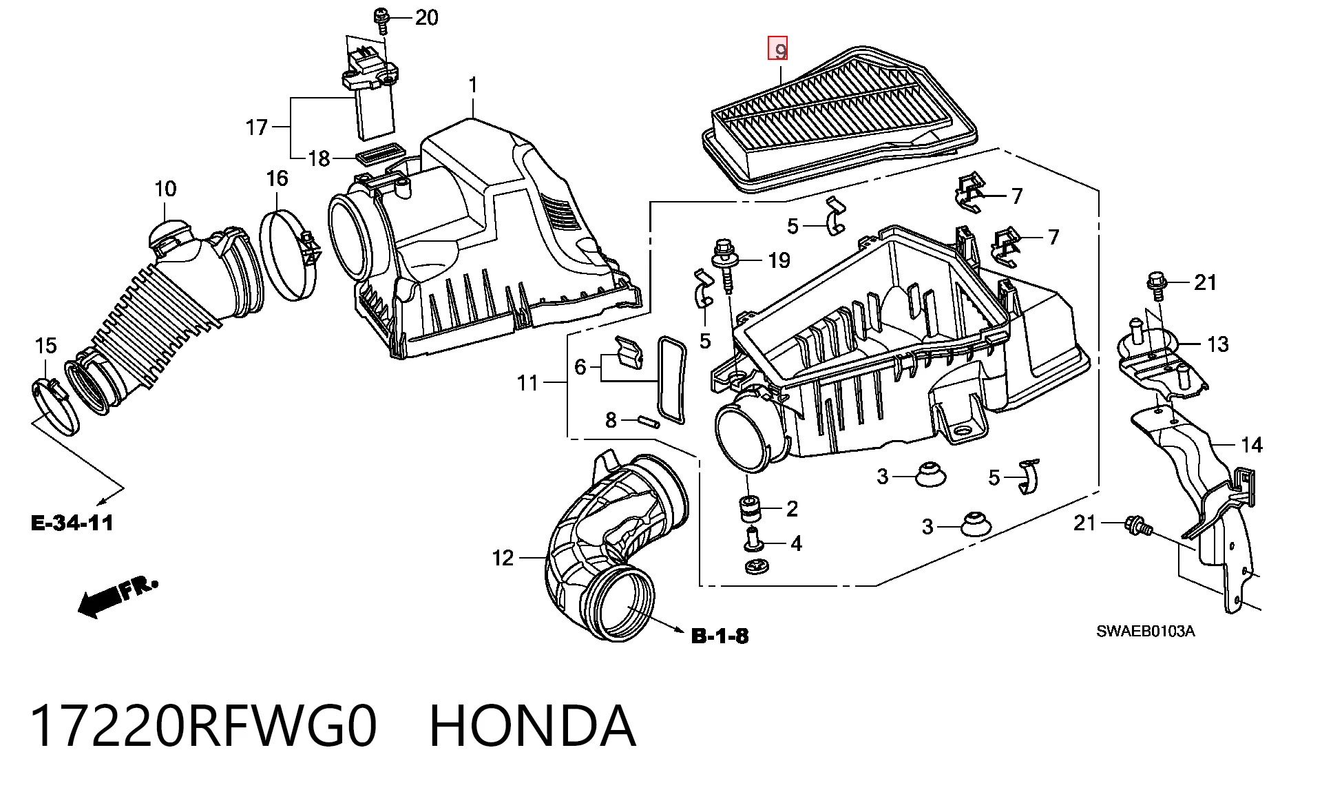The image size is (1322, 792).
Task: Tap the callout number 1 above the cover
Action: pos(473,85)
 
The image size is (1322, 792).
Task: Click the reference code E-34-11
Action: pos(72,523)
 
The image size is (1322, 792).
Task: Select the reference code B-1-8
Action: pos(720,636)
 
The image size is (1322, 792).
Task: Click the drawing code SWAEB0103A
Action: pos(1146,632)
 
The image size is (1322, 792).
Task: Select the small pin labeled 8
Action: pos(647,421)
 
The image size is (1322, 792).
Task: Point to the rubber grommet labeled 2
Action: pos(750,508)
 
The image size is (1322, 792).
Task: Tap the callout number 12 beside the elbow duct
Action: pos(503,558)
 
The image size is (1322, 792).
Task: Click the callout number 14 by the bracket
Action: pos(1252,446)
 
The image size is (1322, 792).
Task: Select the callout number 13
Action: pos(1217,344)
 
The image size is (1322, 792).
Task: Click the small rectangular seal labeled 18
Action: pos(379,154)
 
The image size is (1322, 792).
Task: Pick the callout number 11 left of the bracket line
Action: pos(527,383)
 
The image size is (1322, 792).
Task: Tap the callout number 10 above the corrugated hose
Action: pos(165,189)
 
